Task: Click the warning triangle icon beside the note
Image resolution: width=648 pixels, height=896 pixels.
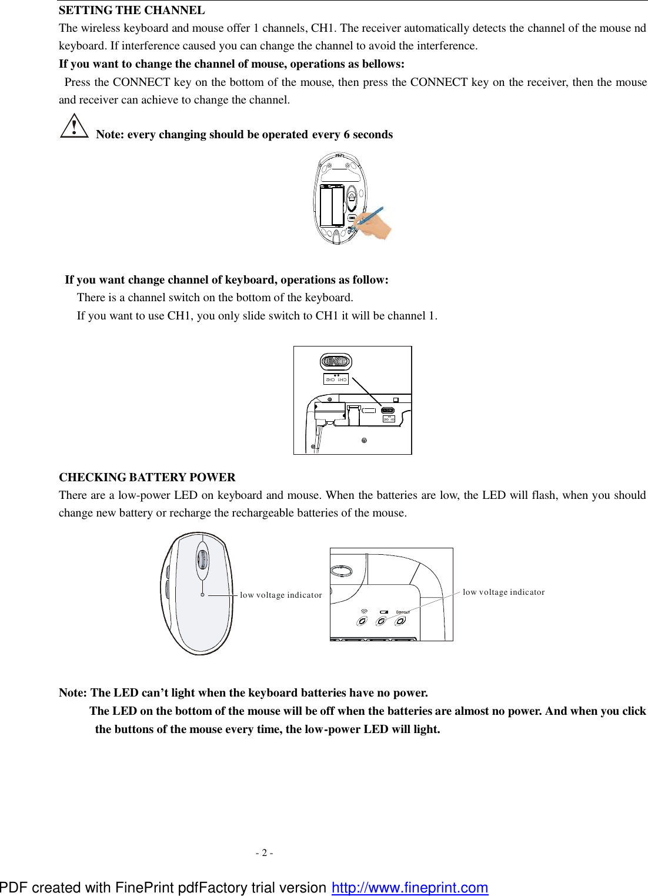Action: [x=74, y=126]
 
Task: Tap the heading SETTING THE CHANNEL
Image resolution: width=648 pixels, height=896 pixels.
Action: [x=132, y=10]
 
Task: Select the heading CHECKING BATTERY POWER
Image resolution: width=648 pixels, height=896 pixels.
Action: [x=147, y=477]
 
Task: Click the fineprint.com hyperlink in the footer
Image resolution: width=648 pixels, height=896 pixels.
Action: [x=410, y=887]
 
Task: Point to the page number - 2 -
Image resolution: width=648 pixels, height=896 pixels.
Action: [x=264, y=852]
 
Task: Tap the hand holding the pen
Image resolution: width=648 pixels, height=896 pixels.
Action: [x=376, y=227]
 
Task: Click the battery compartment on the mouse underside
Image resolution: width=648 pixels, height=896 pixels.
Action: [x=332, y=205]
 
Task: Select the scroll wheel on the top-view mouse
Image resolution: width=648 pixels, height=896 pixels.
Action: [x=202, y=559]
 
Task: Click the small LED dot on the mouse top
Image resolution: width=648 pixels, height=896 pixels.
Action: [x=203, y=595]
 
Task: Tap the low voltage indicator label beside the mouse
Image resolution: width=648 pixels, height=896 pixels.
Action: [x=280, y=595]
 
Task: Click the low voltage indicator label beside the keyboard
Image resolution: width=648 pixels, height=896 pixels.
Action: [x=503, y=592]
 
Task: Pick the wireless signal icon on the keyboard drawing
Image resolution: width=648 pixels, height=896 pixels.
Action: [x=364, y=612]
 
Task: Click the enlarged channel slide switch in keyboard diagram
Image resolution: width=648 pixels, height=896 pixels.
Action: [x=336, y=361]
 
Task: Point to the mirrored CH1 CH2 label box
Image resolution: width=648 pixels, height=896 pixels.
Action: [x=336, y=379]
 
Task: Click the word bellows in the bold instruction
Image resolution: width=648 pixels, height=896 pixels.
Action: [x=384, y=64]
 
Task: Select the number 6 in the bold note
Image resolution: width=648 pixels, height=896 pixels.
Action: [x=346, y=134]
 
